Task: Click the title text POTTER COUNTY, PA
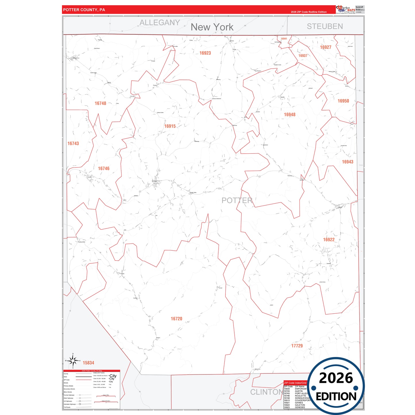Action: [x=84, y=10]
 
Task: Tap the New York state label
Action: [x=212, y=27]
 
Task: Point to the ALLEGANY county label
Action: [x=160, y=22]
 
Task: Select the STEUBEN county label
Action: [x=325, y=26]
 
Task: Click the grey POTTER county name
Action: [x=237, y=200]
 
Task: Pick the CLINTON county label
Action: [x=266, y=392]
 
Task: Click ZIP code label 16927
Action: [x=326, y=47]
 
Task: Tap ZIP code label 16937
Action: [x=303, y=56]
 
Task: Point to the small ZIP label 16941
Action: [x=284, y=39]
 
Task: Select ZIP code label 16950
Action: [x=343, y=101]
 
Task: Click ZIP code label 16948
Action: [x=289, y=115]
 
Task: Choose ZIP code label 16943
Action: [x=348, y=162]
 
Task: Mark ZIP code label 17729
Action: [x=297, y=346]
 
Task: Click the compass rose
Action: [x=73, y=360]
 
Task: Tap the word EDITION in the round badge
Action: [x=336, y=397]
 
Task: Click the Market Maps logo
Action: [x=346, y=9]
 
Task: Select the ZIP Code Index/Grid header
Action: [x=295, y=383]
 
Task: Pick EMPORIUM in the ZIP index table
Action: [x=301, y=389]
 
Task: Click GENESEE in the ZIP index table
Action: [x=300, y=407]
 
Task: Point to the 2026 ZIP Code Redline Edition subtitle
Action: [x=308, y=12]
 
